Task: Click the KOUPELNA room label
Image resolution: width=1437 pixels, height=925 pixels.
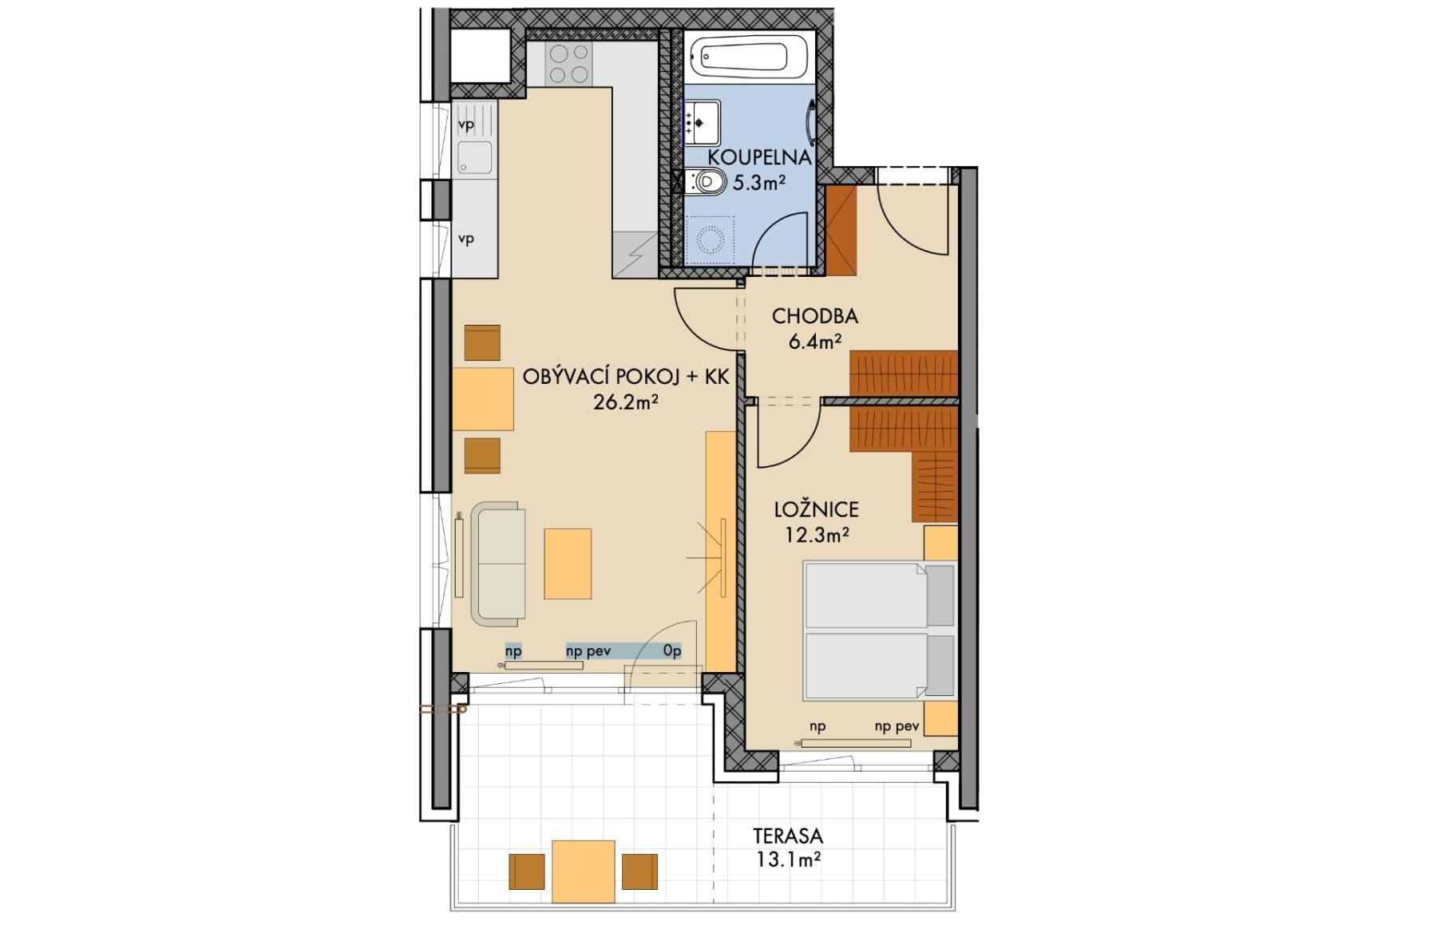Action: [x=759, y=156]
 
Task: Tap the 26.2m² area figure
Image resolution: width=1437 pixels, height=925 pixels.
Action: [x=625, y=402]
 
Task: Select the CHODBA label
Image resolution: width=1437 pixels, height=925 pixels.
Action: [x=814, y=316]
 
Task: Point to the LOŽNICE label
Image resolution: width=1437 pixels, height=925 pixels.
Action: [x=816, y=509]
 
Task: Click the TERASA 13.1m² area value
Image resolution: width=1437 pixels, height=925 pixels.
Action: [x=787, y=860]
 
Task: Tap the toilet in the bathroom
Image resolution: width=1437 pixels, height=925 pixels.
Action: [x=707, y=182]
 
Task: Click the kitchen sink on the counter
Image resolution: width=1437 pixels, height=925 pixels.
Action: [x=475, y=158]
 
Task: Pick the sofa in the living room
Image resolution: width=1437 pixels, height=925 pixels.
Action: [x=500, y=563]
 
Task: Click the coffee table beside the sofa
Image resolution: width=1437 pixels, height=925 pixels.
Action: [x=568, y=563]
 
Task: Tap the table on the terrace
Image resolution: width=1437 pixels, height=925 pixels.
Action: [x=584, y=871]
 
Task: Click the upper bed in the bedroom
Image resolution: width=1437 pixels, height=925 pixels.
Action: [x=878, y=595]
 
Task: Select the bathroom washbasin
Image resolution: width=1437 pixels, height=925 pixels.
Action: [x=703, y=122]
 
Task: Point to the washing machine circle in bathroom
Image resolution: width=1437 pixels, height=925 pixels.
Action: [x=710, y=239]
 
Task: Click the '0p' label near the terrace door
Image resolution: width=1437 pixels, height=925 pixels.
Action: [x=672, y=651]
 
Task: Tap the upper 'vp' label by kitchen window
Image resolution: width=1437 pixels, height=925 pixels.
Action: [x=466, y=125]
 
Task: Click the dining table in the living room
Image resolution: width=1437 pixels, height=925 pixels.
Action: [x=483, y=399]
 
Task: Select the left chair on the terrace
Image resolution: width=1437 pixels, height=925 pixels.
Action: [x=527, y=872]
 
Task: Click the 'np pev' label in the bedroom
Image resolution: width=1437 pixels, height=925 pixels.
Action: [x=897, y=727]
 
